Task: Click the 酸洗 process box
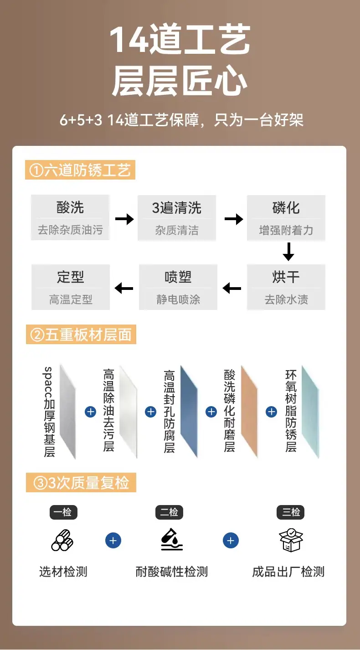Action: pyautogui.click(x=70, y=217)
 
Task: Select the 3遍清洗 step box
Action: pyautogui.click(x=177, y=217)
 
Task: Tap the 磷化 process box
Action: pyautogui.click(x=286, y=217)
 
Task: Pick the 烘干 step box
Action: pyautogui.click(x=286, y=287)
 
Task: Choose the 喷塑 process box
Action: pyautogui.click(x=178, y=287)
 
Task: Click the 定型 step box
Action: pyautogui.click(x=71, y=287)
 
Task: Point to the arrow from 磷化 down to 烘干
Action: pyautogui.click(x=288, y=252)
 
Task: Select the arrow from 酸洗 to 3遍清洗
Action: pyautogui.click(x=124, y=219)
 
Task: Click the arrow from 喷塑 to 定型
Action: pyautogui.click(x=124, y=289)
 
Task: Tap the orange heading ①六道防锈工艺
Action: pyautogui.click(x=80, y=170)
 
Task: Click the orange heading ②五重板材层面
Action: pyautogui.click(x=81, y=334)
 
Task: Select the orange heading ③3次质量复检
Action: pyautogui.click(x=81, y=482)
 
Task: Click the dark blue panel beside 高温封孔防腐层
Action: pyautogui.click(x=189, y=412)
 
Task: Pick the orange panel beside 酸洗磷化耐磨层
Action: pyautogui.click(x=249, y=412)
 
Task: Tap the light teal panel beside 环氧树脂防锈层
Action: pyautogui.click(x=310, y=412)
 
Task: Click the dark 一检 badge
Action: pyautogui.click(x=63, y=512)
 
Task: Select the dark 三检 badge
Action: pyautogui.click(x=290, y=512)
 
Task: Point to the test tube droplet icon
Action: pyautogui.click(x=172, y=539)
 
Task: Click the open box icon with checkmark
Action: pyautogui.click(x=291, y=540)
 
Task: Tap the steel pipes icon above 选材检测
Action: pyautogui.click(x=62, y=540)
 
